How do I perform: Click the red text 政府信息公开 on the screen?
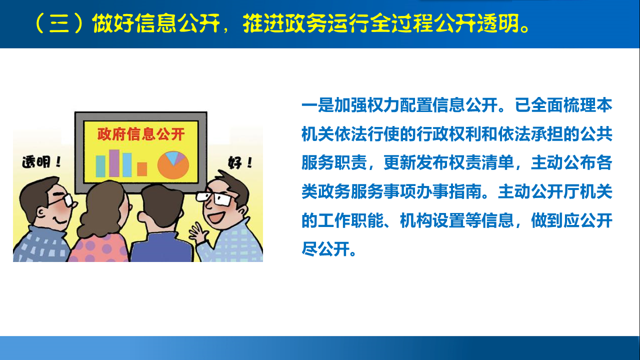(141, 134)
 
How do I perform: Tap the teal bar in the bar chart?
(100, 166)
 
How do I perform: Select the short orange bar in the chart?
(142, 169)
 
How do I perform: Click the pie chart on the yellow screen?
(173, 165)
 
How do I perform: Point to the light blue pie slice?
(172, 156)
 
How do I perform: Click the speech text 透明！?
(41, 162)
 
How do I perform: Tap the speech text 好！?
(240, 162)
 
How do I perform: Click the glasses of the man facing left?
(214, 198)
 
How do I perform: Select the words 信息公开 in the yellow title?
(177, 23)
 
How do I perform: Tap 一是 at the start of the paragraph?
(317, 105)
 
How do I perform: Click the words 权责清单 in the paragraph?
(481, 163)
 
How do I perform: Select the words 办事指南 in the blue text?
(449, 191)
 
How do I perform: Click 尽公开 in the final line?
(326, 249)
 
